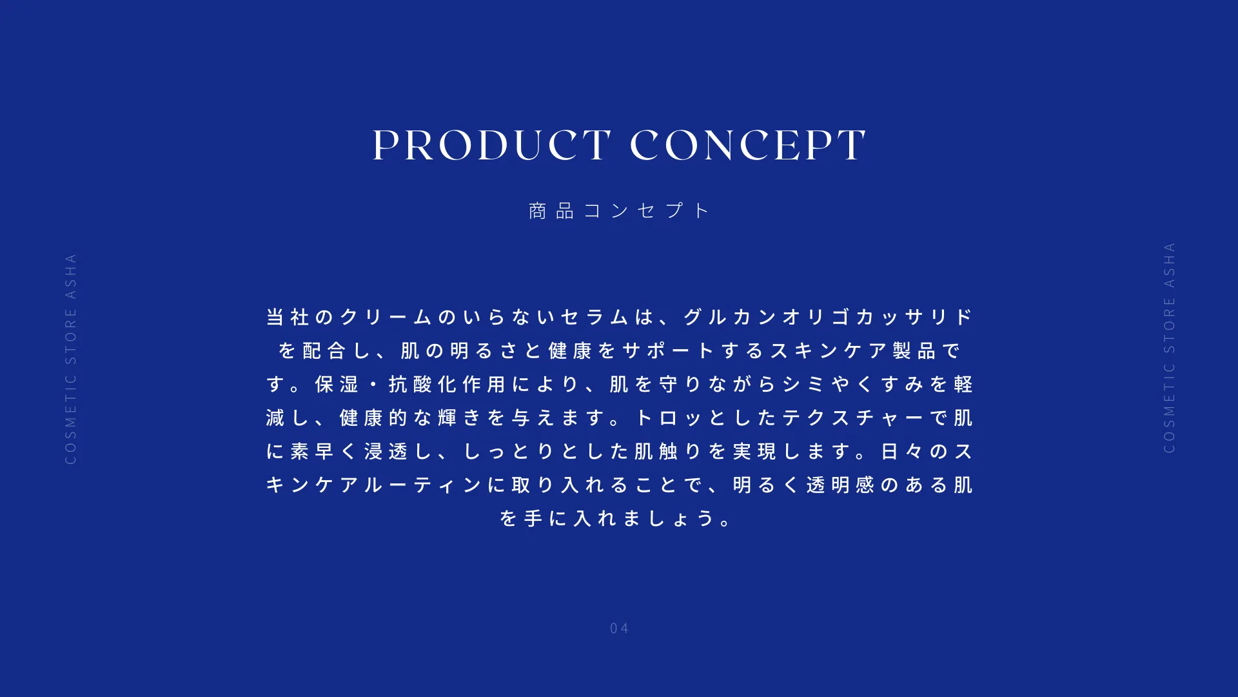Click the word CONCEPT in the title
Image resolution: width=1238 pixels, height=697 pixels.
(748, 145)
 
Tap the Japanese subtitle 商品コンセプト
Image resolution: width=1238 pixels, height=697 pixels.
(618, 210)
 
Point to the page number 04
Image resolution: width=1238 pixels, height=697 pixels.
(619, 628)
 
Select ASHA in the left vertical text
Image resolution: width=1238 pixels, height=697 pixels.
(71, 276)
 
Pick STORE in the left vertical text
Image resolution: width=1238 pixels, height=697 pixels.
(71, 336)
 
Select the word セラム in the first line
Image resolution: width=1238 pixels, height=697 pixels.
(594, 317)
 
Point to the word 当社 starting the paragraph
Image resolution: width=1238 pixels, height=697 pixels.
(288, 317)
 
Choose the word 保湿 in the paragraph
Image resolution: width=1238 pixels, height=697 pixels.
(337, 384)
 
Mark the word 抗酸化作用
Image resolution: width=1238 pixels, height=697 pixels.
(447, 384)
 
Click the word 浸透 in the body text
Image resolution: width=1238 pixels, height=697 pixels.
(386, 451)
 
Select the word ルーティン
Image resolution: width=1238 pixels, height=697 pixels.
(422, 485)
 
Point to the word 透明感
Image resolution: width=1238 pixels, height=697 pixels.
(840, 485)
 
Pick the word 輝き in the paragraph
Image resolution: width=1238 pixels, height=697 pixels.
(459, 418)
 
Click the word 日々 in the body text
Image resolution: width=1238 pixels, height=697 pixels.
(901, 451)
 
